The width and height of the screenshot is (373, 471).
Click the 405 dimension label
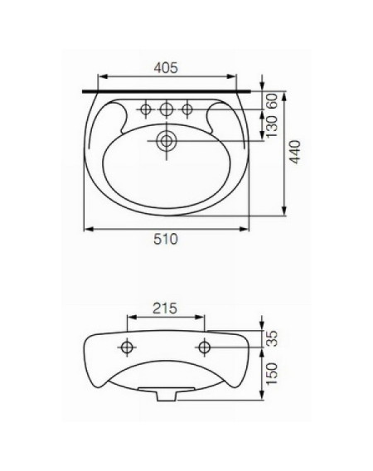pos(166,68)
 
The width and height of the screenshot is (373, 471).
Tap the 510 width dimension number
pos(166,240)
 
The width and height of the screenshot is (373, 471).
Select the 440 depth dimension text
pos(295,152)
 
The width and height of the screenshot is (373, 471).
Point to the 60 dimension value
pos(272,101)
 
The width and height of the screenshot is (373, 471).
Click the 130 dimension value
pos(272,127)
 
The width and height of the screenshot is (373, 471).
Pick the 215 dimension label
pos(165,308)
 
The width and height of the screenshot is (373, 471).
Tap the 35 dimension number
pos(272,338)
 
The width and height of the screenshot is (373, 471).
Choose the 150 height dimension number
pos(272,374)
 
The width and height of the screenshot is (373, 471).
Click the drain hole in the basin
pos(166,141)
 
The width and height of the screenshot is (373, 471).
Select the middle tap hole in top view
pos(166,109)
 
